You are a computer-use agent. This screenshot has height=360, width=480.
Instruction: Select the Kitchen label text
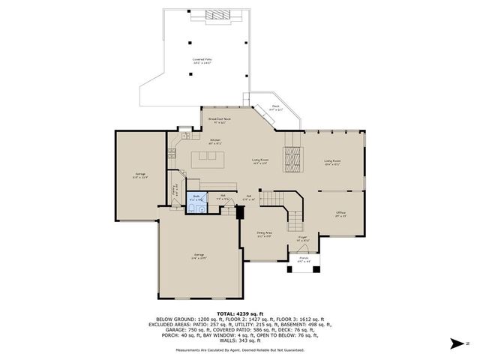point(215,142)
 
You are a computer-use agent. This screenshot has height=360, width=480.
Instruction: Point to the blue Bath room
point(197,200)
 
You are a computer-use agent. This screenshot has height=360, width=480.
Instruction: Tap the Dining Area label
point(264,235)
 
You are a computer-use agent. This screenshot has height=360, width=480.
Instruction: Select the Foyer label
point(303,238)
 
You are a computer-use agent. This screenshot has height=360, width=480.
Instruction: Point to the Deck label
point(276,108)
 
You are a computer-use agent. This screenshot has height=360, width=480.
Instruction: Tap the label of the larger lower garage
point(199,256)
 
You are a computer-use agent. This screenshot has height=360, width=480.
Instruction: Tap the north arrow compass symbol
point(454,343)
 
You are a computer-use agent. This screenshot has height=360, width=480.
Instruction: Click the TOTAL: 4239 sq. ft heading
point(240,313)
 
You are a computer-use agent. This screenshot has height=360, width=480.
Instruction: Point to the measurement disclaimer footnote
point(240,350)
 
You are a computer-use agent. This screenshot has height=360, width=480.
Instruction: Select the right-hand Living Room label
point(333,161)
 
